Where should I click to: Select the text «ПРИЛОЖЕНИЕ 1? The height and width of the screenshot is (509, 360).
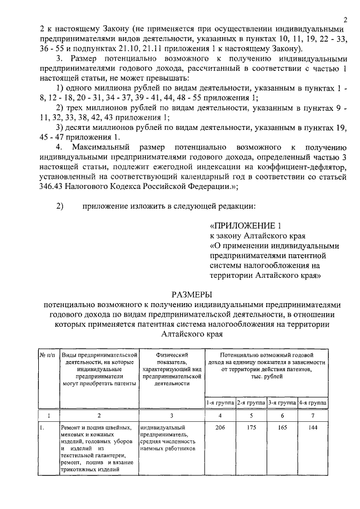pos(245,225)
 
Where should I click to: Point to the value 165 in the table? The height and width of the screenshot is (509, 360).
pos(282,428)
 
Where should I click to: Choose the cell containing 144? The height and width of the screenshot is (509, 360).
pos(313,428)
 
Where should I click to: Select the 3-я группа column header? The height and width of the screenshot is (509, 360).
pos(282,403)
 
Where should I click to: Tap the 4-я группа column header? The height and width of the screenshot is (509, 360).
pos(313,403)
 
